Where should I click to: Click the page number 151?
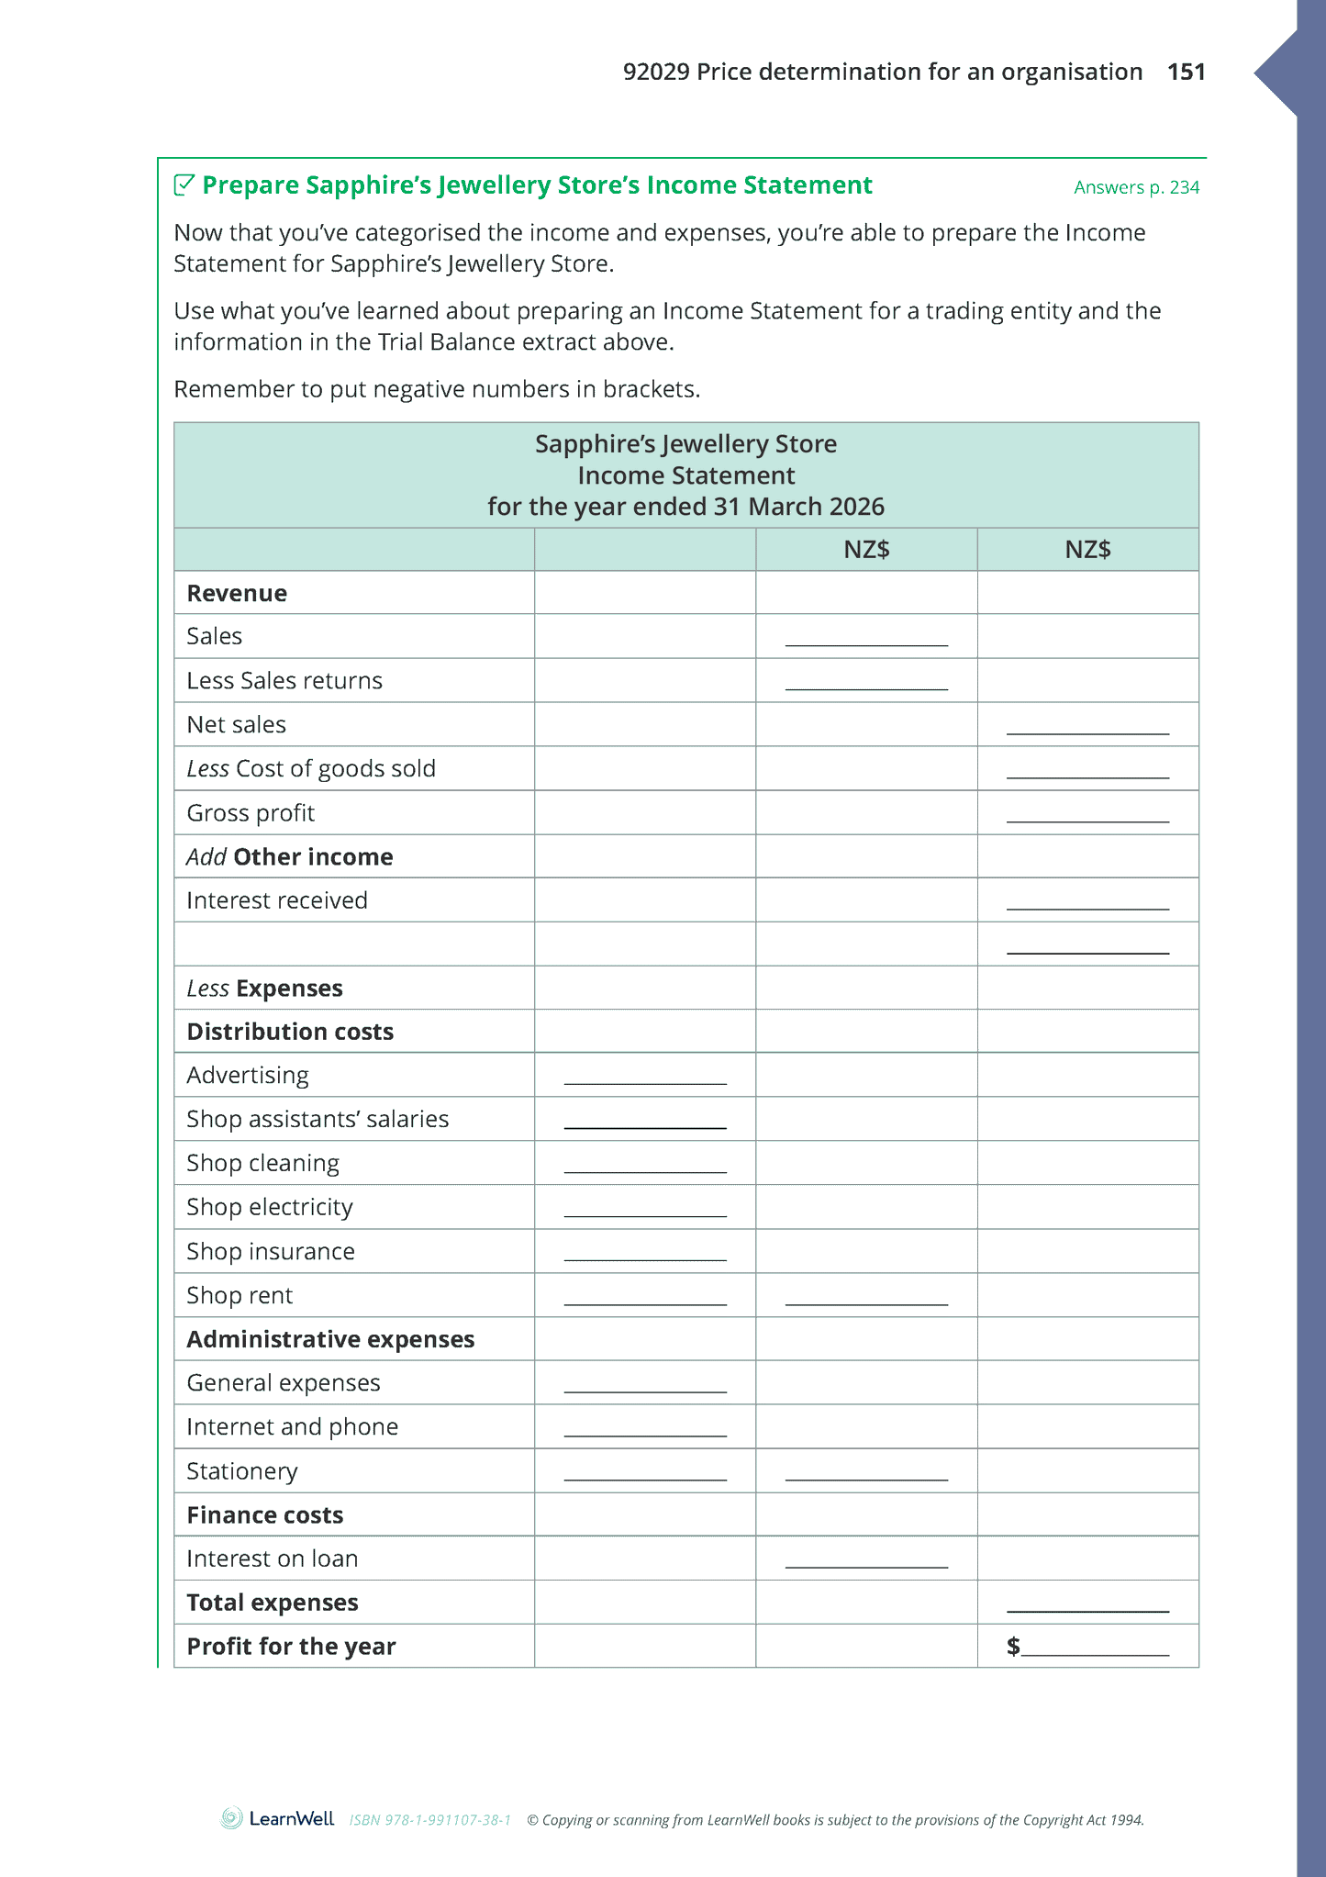click(x=1186, y=72)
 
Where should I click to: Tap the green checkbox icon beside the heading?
click(x=184, y=184)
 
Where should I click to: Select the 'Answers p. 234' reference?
click(x=1136, y=187)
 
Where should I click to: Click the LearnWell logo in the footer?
click(x=277, y=1818)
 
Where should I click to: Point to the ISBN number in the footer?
click(x=429, y=1820)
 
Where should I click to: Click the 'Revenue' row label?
click(x=237, y=593)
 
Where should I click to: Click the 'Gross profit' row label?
click(x=251, y=813)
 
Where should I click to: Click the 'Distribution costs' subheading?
click(x=290, y=1032)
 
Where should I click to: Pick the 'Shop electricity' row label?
click(x=270, y=1207)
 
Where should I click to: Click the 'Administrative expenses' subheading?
click(x=330, y=1339)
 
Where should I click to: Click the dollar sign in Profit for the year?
click(x=1013, y=1646)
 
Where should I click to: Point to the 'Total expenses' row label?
click(x=273, y=1603)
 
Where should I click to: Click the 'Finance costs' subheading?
click(x=265, y=1515)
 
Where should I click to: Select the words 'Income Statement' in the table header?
click(x=685, y=475)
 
